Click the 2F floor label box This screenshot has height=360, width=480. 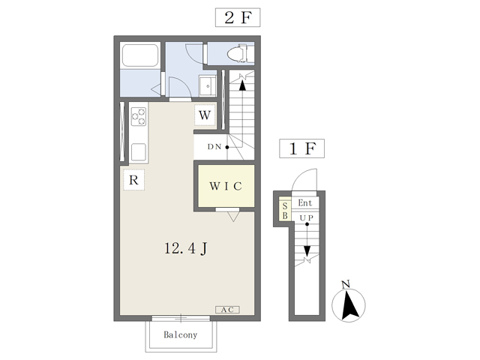tap(238, 17)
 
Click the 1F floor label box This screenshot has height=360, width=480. tap(301, 148)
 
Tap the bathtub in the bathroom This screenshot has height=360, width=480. tap(140, 55)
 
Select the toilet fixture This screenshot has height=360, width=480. tap(241, 53)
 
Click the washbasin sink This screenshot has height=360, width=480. tap(208, 85)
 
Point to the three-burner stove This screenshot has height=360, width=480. tap(139, 116)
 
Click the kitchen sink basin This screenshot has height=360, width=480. tap(139, 152)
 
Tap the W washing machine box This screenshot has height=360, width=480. tap(205, 115)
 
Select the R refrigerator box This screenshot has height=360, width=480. tap(133, 180)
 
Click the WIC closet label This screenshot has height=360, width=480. tap(226, 186)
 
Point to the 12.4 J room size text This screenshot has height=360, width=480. tap(186, 248)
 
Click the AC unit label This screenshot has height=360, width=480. tap(227, 310)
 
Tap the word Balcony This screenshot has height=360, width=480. tap(180, 334)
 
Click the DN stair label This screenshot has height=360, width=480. tap(214, 147)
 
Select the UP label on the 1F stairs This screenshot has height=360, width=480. tap(307, 217)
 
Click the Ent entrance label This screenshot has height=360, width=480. tap(305, 202)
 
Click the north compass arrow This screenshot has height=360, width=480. tap(349, 305)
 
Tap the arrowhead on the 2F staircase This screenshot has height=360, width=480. tap(242, 85)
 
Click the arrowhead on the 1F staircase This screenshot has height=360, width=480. tap(307, 251)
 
